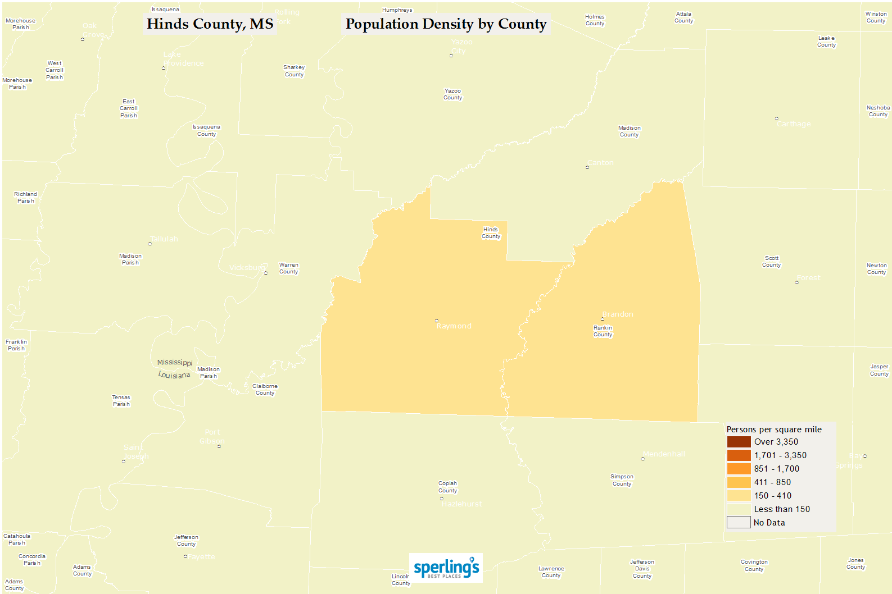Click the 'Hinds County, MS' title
pos(210,24)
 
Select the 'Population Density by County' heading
pos(446,24)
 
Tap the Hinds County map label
pos(491,233)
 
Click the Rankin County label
pos(603,331)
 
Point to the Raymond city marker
pos(437,321)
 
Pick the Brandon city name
pos(618,314)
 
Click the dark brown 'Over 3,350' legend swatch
pos(739,442)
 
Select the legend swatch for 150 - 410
pos(739,496)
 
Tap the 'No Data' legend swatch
pos(739,523)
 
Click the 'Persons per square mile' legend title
pos(774,429)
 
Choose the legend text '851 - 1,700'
pos(777,469)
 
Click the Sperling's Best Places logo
pos(446,568)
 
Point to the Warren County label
pos(289,268)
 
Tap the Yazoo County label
pos(452,94)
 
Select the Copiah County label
pos(448,487)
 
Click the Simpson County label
pos(622,480)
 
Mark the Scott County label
pos(772,262)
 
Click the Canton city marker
pos(587,167)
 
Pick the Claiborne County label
pos(265,390)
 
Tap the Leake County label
pos(826,42)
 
